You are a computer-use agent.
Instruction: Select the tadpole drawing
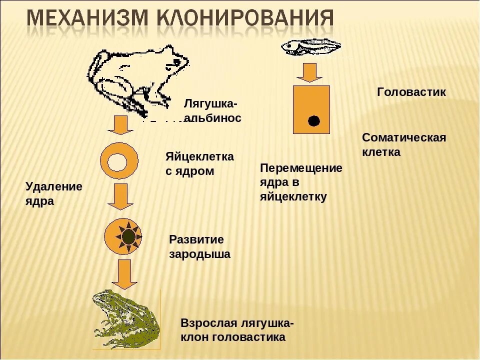coord(310,47)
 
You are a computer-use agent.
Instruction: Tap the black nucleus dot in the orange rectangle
coord(313,121)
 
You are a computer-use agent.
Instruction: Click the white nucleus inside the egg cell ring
coord(119,161)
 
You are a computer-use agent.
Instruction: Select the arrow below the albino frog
coord(120,125)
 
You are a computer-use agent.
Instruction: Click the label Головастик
coord(411,92)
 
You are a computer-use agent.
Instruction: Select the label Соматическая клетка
coord(404,145)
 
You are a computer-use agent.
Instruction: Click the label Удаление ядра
coord(54,194)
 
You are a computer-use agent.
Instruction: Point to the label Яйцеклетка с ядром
coord(199,164)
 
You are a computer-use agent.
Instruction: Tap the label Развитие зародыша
coord(199,247)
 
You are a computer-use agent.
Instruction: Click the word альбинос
coord(213,118)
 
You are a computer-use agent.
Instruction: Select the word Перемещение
coord(301,168)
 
